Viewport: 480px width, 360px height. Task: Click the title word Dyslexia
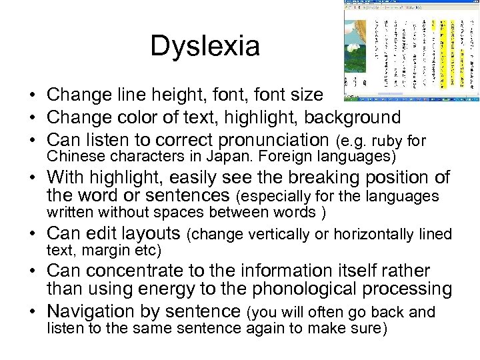click(205, 46)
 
